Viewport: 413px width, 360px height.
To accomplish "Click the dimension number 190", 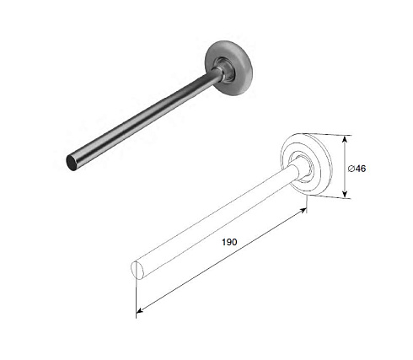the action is pos(229,242).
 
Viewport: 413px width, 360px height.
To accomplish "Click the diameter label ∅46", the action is pos(357,169).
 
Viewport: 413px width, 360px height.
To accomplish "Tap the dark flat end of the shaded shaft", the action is pos(71,163).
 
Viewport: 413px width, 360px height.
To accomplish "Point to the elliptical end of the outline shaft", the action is pos(137,270).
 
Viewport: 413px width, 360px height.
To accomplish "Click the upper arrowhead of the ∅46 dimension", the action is pos(346,139).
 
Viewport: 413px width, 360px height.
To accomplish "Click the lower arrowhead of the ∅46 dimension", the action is pos(346,194).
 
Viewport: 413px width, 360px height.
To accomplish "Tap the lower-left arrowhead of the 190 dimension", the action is pos(140,309).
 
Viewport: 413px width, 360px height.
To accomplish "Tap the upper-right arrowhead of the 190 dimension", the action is pos(303,210).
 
